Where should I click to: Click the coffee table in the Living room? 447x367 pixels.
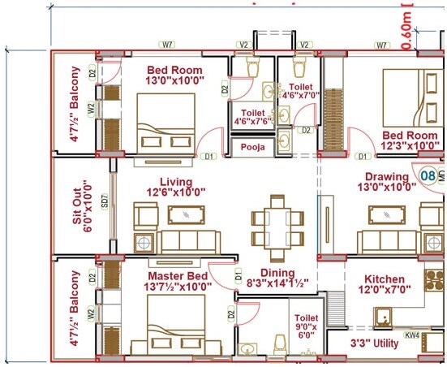pyautogui.click(x=187, y=214)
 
